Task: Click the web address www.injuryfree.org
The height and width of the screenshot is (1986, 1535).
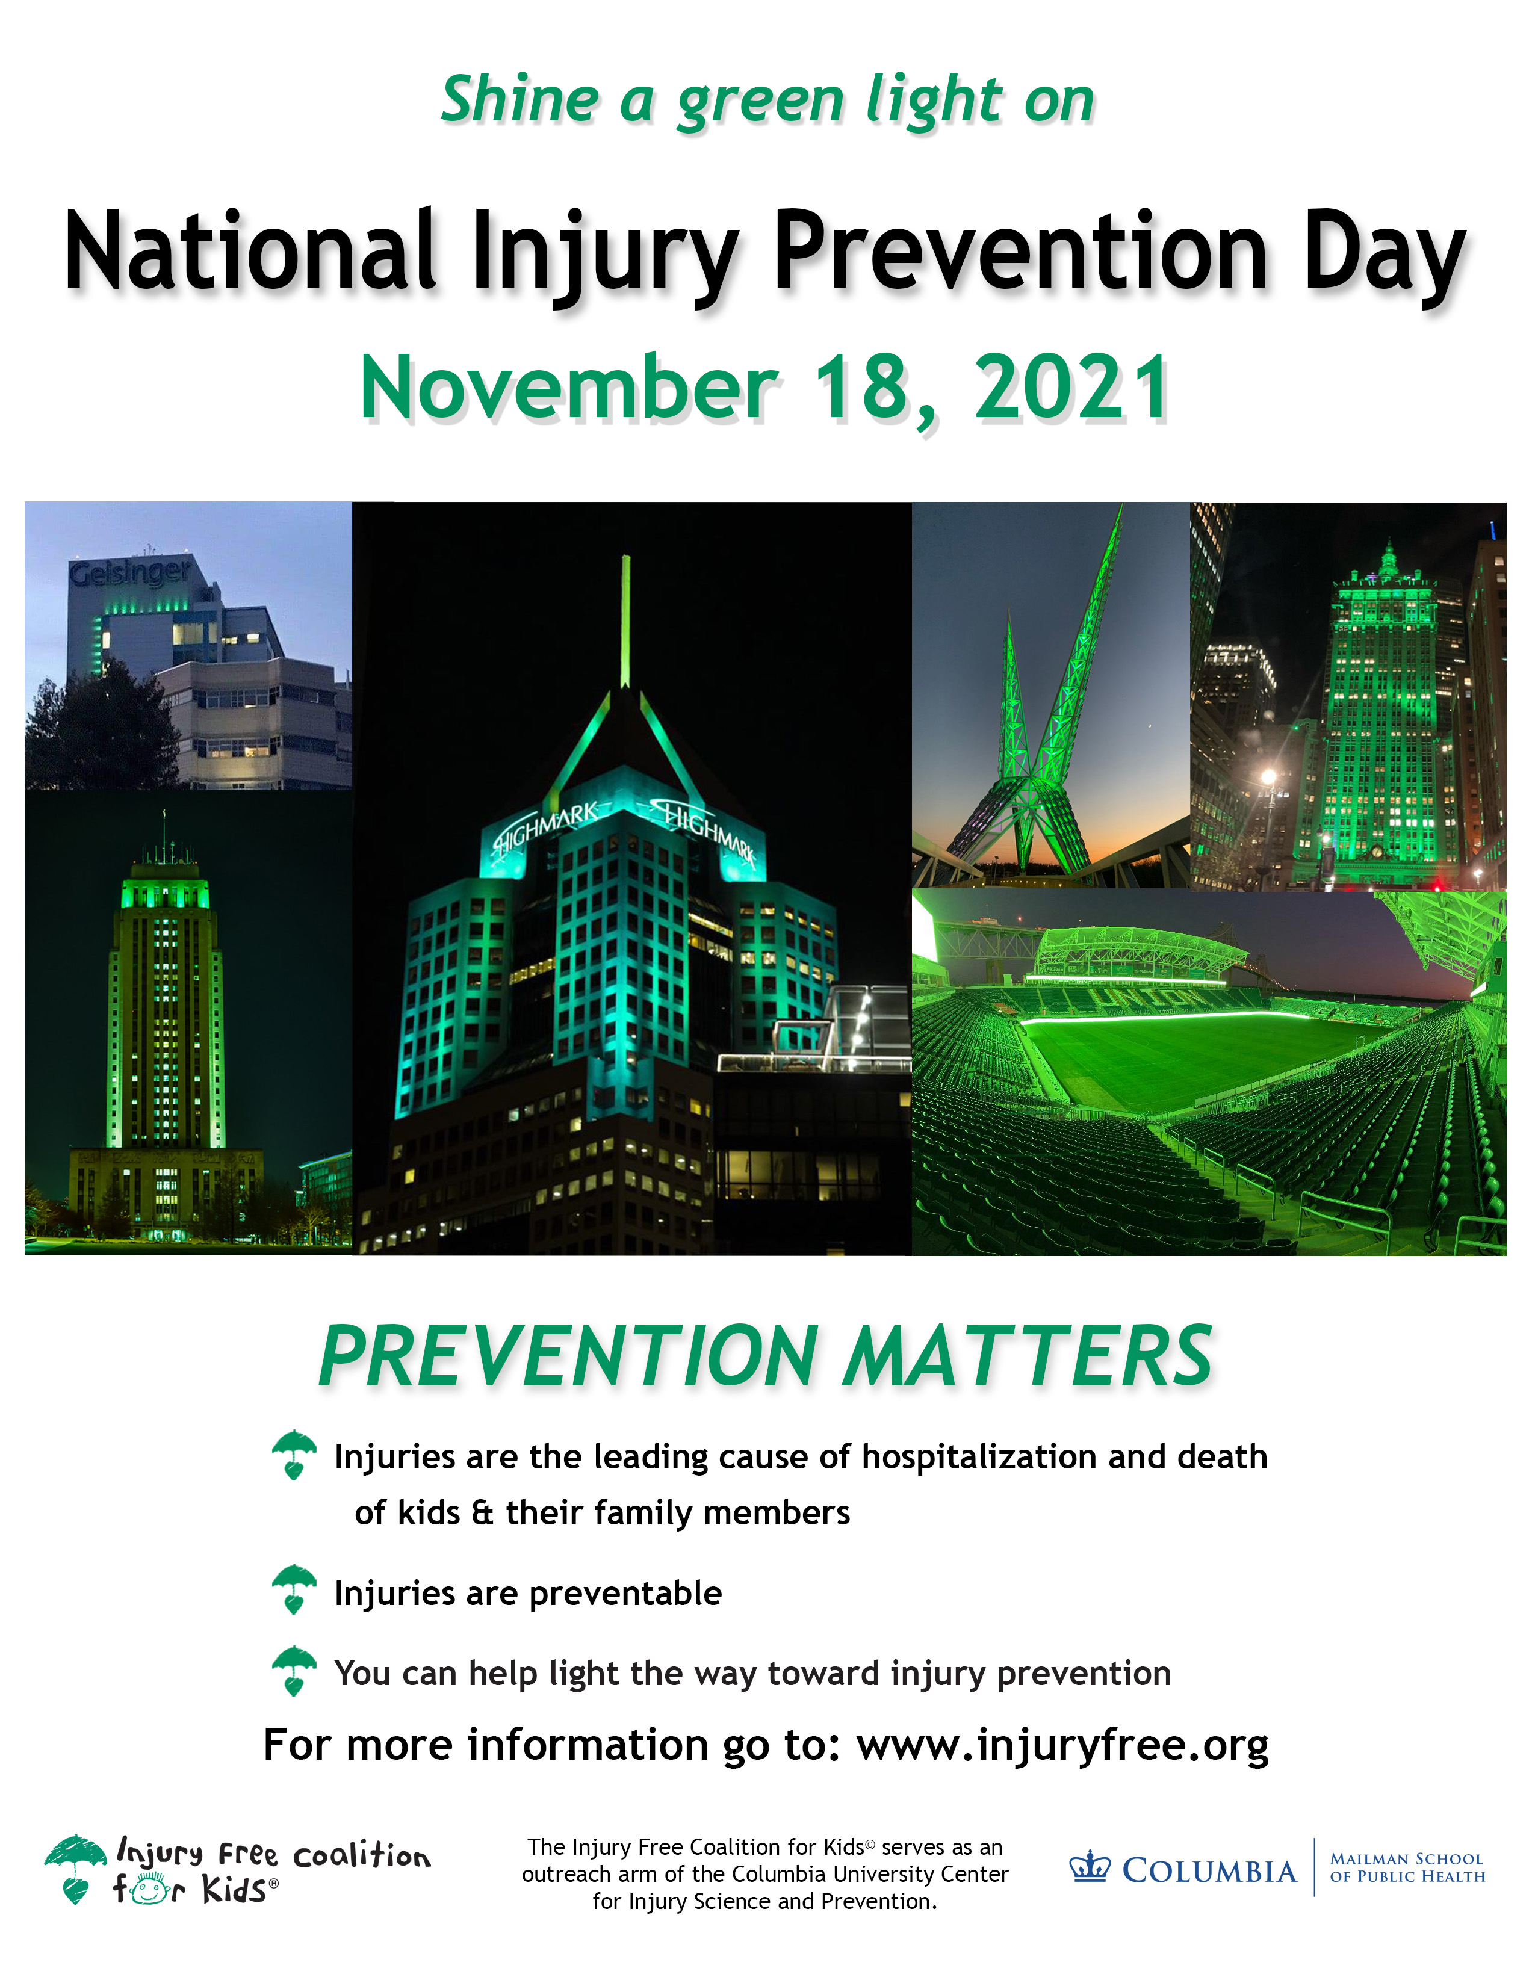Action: pos(1062,1745)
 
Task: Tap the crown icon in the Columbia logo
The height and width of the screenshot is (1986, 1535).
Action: pos(1090,1868)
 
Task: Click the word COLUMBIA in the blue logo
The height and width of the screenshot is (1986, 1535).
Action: pos(1209,1870)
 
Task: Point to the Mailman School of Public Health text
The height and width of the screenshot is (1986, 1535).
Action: pos(1407,1868)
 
